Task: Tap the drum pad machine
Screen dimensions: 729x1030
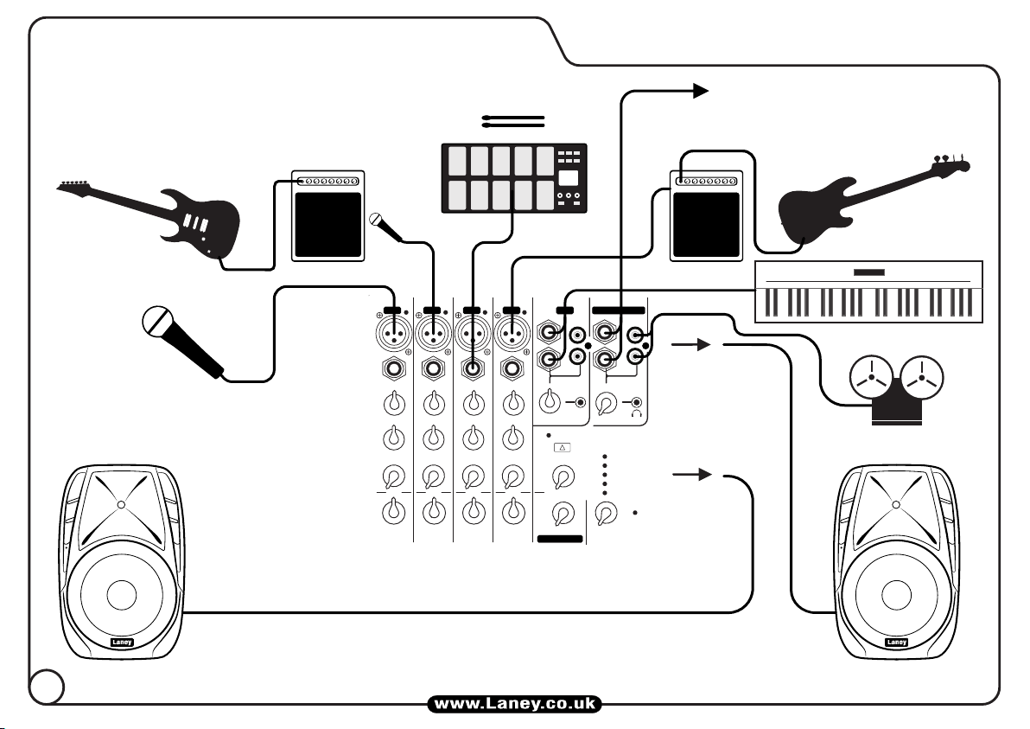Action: click(x=514, y=177)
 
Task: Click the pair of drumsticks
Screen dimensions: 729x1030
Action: click(x=514, y=120)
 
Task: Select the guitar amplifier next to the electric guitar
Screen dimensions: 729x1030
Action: click(x=327, y=215)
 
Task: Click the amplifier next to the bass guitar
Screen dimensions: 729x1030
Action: click(x=706, y=215)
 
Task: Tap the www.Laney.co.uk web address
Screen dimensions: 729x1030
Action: click(x=514, y=705)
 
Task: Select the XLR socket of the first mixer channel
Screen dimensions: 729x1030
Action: click(x=393, y=331)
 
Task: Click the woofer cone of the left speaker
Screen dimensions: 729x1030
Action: click(x=120, y=595)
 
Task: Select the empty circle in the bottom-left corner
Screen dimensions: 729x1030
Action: click(x=46, y=687)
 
